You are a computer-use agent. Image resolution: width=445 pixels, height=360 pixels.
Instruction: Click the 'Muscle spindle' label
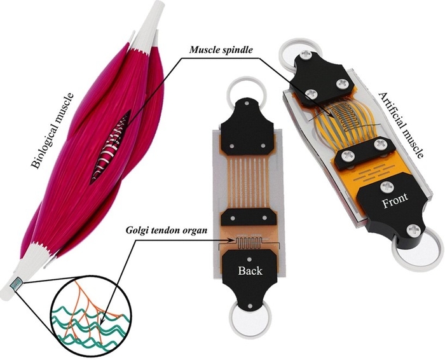tap(221, 50)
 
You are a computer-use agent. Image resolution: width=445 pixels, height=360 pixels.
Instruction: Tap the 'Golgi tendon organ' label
tap(167, 230)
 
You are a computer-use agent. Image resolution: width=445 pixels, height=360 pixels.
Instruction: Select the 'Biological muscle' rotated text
tap(52, 131)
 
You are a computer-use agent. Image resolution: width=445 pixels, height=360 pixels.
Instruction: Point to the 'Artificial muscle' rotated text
tap(401, 125)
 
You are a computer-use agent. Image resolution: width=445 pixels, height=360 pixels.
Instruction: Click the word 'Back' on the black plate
tap(250, 270)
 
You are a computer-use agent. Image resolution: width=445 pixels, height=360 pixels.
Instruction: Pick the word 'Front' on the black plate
tap(395, 200)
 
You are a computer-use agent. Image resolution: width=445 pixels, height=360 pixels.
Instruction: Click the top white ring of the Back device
tap(246, 91)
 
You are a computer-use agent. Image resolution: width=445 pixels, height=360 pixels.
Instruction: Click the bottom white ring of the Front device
tap(416, 250)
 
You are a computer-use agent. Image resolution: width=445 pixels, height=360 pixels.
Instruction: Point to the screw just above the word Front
tap(387, 187)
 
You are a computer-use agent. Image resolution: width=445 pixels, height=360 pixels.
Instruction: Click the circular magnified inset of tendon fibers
tap(90, 315)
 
